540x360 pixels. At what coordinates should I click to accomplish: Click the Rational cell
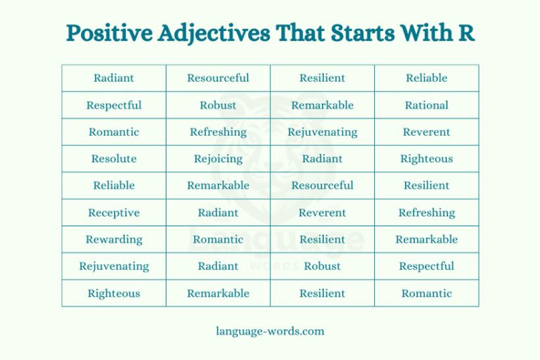(x=426, y=105)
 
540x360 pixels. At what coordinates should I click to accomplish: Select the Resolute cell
(x=114, y=159)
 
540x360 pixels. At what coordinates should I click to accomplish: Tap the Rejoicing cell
(x=218, y=159)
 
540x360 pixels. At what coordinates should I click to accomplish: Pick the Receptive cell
(x=114, y=212)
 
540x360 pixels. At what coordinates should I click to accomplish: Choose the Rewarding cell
(x=114, y=239)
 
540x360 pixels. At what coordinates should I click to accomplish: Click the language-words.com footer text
(x=270, y=330)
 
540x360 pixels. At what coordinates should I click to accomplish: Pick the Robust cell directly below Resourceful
(x=218, y=105)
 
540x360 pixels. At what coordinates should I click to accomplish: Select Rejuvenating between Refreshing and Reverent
(x=322, y=132)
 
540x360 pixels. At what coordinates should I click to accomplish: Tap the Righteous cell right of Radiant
(x=426, y=159)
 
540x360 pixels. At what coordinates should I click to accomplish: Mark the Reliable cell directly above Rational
(x=426, y=78)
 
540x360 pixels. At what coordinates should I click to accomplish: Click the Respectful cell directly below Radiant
(x=114, y=105)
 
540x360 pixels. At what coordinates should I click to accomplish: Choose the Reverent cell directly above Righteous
(x=426, y=132)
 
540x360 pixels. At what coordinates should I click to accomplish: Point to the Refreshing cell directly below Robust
(x=218, y=132)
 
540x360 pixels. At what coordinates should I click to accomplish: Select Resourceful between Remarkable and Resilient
(x=322, y=186)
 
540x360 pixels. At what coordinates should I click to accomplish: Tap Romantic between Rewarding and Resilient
(x=218, y=239)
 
